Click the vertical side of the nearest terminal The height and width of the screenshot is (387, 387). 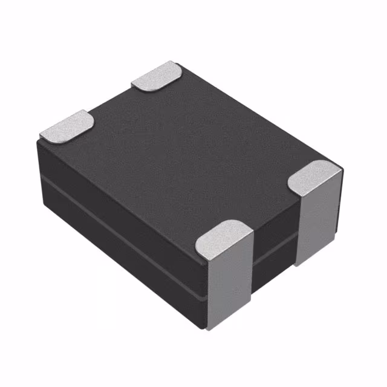(230, 284)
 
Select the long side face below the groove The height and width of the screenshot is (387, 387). (121, 242)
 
